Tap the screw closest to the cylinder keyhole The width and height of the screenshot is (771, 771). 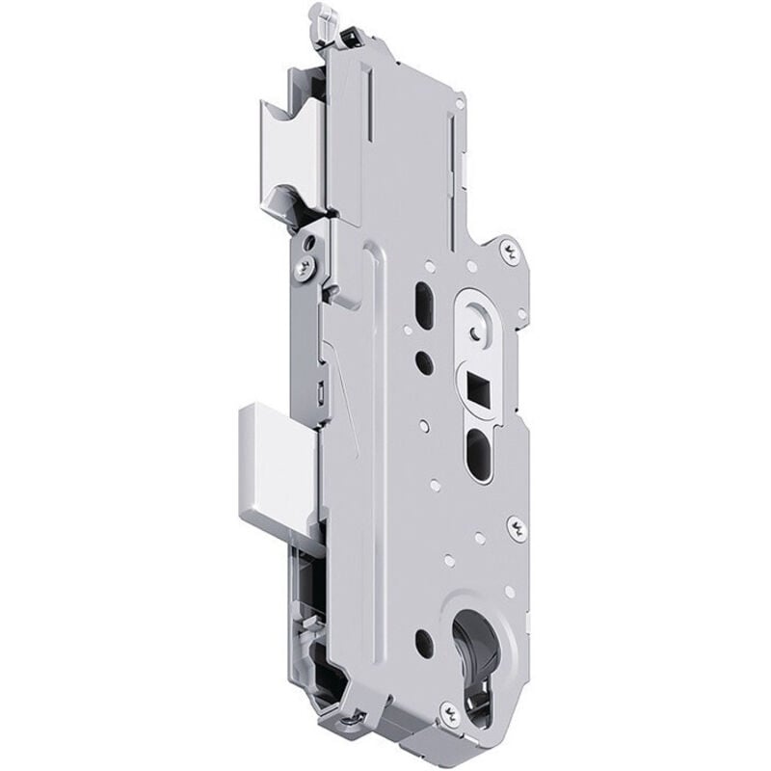pyautogui.click(x=446, y=710)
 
